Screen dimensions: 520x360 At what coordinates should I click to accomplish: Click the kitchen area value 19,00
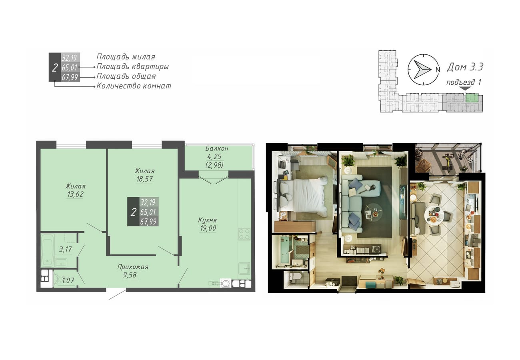(x=208, y=228)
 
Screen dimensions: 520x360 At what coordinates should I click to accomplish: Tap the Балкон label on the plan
(x=217, y=148)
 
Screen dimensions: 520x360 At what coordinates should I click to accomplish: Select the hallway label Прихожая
(x=133, y=267)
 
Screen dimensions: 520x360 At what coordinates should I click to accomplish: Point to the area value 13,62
(x=75, y=194)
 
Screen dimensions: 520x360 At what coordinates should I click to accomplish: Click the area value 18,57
(x=144, y=179)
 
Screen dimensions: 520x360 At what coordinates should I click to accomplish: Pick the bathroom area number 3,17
(x=65, y=250)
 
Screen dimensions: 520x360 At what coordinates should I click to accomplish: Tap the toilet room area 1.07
(x=68, y=280)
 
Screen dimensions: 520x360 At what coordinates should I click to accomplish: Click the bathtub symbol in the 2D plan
(x=48, y=250)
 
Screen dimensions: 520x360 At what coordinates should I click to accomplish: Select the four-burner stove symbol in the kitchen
(x=244, y=234)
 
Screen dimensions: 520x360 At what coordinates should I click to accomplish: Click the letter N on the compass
(x=438, y=70)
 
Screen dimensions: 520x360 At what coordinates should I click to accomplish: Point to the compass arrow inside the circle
(x=422, y=70)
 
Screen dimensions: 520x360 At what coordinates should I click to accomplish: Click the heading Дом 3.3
(x=465, y=67)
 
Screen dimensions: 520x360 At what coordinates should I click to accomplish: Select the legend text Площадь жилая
(x=126, y=57)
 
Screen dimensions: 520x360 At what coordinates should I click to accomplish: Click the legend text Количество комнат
(x=134, y=86)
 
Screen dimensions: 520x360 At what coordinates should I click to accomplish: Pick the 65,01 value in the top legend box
(x=70, y=68)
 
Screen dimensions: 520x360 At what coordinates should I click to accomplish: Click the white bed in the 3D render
(x=303, y=196)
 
